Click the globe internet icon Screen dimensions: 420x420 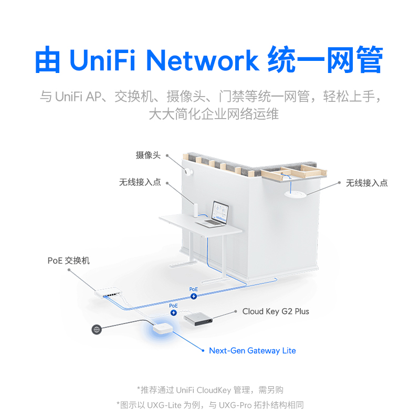[x=96, y=330]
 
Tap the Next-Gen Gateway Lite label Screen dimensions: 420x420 [x=252, y=351]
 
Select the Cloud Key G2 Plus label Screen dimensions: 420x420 [x=276, y=311]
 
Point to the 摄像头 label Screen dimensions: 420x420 [x=148, y=155]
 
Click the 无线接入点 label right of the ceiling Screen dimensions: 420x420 [x=366, y=183]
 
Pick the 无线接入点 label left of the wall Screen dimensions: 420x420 [x=140, y=183]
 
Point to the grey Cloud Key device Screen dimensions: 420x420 [x=198, y=319]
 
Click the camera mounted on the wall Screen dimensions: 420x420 [x=188, y=173]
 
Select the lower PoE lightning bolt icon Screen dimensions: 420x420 [x=174, y=312]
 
